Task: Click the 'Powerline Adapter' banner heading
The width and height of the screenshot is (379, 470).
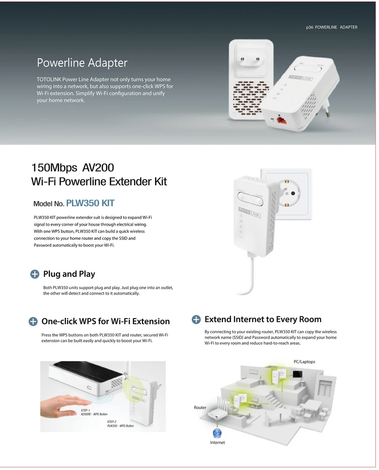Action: (82, 63)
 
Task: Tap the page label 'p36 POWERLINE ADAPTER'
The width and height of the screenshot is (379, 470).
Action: (332, 27)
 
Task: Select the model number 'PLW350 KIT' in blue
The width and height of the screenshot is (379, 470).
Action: (90, 203)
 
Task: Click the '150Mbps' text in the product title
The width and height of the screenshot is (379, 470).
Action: (54, 168)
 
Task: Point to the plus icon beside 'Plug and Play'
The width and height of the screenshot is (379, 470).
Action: (35, 274)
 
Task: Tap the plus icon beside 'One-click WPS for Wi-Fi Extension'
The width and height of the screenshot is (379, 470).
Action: (33, 321)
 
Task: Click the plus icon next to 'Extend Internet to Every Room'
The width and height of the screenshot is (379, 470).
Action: (196, 320)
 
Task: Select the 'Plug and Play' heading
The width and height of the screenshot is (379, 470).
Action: (69, 274)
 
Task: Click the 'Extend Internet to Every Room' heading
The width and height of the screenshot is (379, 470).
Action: (263, 319)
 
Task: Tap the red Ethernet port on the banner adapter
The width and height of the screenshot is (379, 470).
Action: (281, 120)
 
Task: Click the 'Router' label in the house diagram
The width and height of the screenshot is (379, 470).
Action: (200, 407)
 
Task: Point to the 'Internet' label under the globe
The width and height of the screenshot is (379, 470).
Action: (217, 442)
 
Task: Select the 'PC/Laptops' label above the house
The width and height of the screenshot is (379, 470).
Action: (304, 362)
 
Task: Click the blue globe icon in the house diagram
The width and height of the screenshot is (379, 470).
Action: (217, 433)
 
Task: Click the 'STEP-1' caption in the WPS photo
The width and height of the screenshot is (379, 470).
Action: (85, 410)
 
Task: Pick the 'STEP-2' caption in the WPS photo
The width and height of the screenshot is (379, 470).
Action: (111, 422)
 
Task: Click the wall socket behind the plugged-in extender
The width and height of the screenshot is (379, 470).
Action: (286, 194)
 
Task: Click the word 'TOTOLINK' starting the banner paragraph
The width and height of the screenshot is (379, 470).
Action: (49, 79)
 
